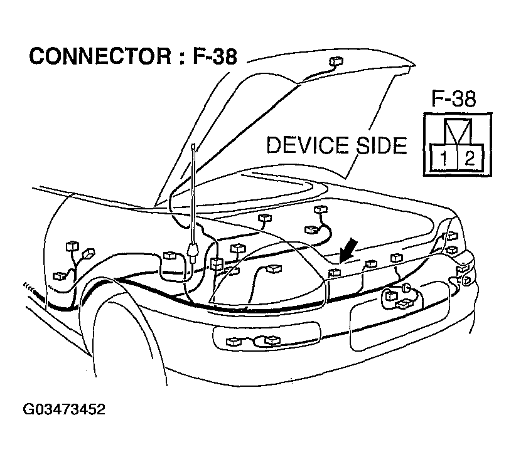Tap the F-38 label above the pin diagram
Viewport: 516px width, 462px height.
click(454, 100)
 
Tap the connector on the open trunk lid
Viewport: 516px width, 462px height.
click(336, 62)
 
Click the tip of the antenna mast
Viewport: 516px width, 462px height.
click(193, 147)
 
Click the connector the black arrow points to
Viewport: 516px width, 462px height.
click(335, 272)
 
